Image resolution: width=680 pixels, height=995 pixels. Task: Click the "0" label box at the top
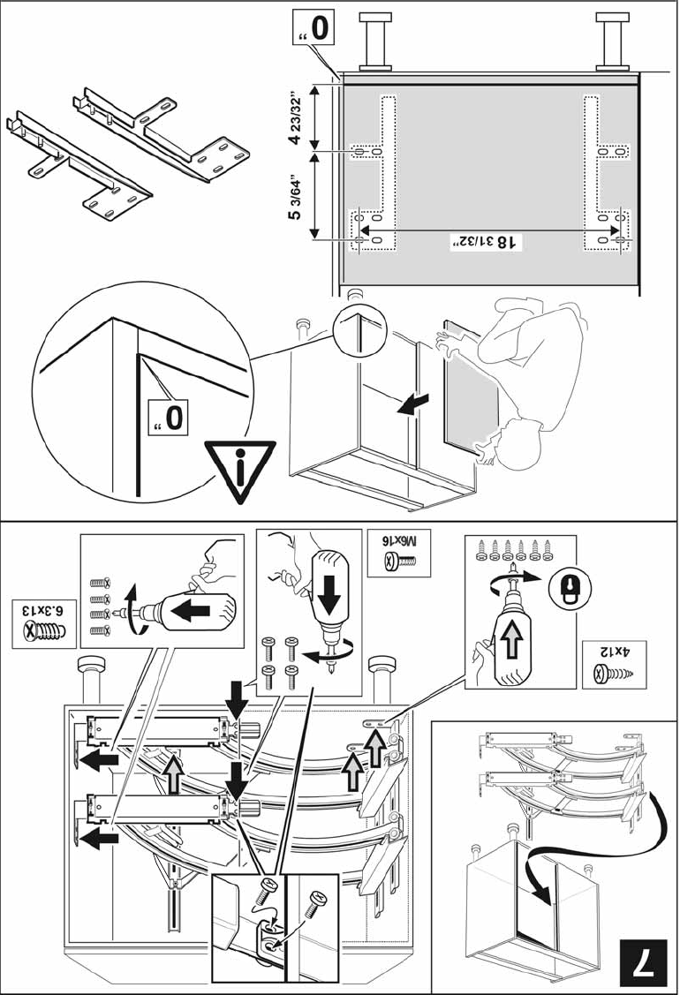[317, 28]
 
